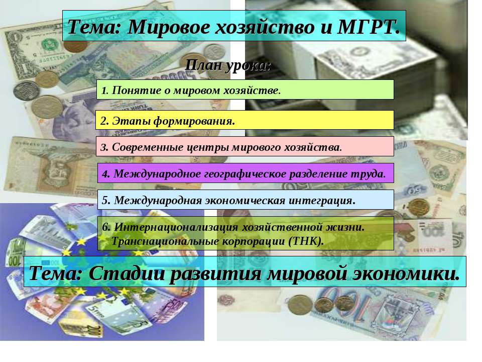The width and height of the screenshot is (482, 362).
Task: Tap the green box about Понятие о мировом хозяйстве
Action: (245, 89)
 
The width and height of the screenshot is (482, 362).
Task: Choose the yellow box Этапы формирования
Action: (245, 121)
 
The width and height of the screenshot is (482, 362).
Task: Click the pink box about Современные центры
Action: (245, 147)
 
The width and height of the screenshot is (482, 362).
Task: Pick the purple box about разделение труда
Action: (245, 174)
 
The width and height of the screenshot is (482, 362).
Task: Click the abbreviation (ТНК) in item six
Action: (306, 241)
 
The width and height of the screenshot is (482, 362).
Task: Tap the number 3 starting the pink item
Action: (102, 148)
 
